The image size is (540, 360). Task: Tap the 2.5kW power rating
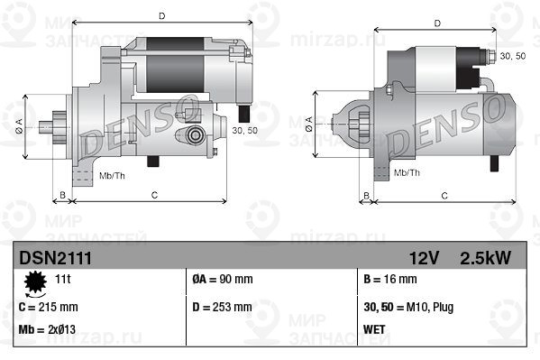484,258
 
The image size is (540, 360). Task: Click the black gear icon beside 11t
35,285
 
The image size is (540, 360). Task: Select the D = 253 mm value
223,307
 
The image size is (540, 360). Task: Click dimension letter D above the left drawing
160,15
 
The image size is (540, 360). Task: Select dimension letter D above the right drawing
436,23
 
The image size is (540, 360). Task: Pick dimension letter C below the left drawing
154,194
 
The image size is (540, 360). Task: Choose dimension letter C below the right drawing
444,195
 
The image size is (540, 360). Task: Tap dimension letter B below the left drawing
61,194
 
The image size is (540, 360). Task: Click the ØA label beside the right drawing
309,120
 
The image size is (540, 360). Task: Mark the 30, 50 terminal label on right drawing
512,56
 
